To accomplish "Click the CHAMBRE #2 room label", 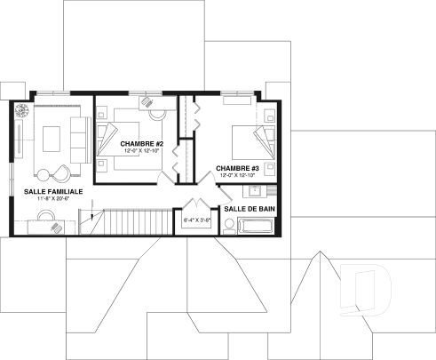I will click(140, 143).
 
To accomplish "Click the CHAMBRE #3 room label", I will click(236, 168).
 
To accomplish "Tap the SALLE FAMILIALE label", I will click(48, 191).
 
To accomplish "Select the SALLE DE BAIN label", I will click(248, 208).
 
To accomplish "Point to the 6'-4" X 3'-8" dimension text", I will click(195, 219).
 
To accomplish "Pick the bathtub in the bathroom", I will click(258, 225).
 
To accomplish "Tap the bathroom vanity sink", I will click(255, 189).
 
